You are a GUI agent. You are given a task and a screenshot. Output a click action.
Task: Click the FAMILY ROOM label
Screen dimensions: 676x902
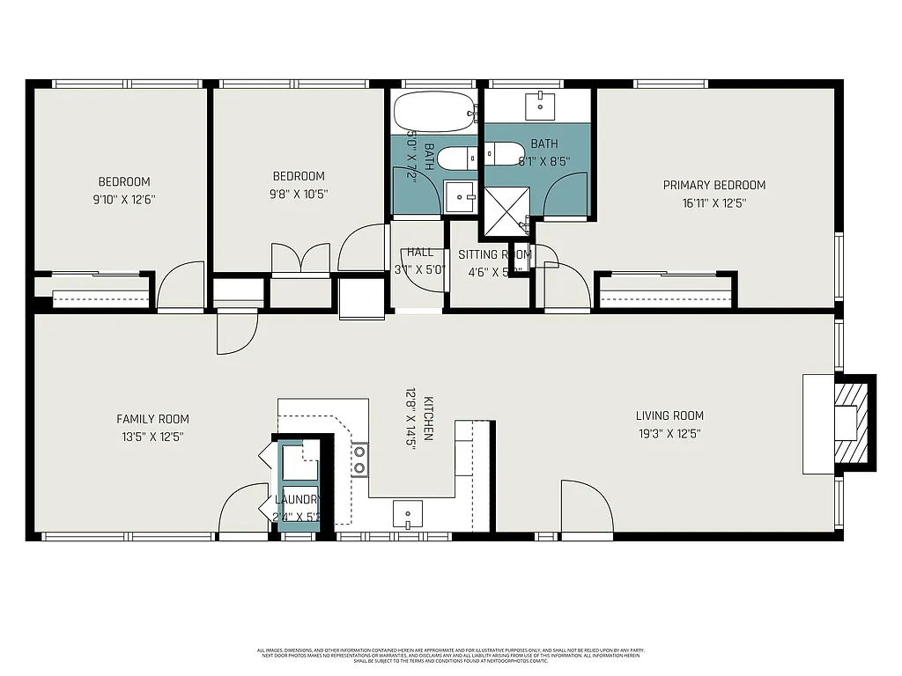[x=152, y=419]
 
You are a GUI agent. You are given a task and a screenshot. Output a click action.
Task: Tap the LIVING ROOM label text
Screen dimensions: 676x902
[x=669, y=415]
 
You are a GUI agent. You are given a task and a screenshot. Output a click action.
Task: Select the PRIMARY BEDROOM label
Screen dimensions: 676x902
[x=713, y=185]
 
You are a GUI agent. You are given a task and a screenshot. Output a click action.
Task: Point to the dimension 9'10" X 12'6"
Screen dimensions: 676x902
[x=124, y=199]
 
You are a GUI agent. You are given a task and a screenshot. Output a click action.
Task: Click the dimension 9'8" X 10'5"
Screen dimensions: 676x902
[x=298, y=194]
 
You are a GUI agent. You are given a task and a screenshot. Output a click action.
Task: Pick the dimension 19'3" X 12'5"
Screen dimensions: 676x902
[x=669, y=433]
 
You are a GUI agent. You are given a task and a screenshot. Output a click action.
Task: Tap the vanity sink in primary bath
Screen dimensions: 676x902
[x=538, y=106]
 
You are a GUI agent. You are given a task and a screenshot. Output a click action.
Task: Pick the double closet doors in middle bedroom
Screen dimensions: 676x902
[x=300, y=259]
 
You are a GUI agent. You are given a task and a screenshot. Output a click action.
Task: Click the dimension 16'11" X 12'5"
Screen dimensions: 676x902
[x=713, y=202]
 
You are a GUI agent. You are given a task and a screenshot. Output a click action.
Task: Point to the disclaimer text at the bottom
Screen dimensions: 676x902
[x=450, y=655]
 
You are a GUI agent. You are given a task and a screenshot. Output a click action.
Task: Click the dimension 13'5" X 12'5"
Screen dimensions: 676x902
[x=152, y=437]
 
